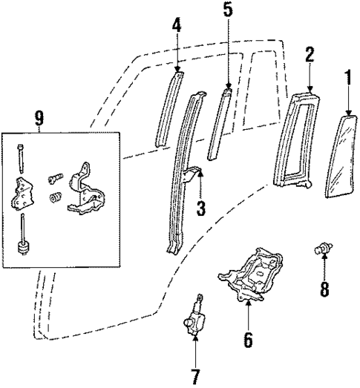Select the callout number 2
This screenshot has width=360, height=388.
click(310, 54)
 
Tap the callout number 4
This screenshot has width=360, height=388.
click(176, 25)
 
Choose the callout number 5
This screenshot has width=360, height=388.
click(227, 10)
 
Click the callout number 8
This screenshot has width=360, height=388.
click(324, 288)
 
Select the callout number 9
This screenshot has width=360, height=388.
click(39, 119)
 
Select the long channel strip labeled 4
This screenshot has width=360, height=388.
click(168, 111)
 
